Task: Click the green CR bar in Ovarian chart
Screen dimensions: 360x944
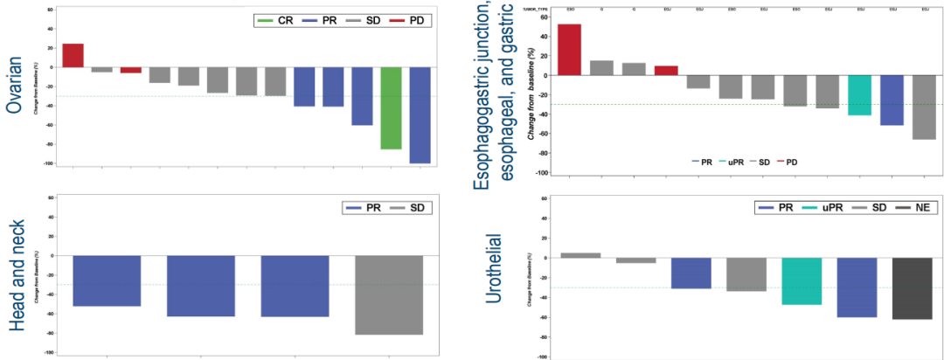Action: tap(391, 107)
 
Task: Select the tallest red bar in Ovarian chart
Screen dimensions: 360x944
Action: tap(73, 55)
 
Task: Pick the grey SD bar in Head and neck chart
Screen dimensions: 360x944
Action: tap(389, 294)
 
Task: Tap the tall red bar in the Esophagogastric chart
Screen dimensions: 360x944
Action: tap(569, 50)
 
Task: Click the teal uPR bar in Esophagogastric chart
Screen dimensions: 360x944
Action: tap(859, 95)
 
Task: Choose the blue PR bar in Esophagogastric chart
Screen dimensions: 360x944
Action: tap(892, 100)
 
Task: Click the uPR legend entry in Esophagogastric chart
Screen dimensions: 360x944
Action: tap(733, 162)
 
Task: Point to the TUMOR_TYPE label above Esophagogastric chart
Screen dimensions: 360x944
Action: tap(535, 9)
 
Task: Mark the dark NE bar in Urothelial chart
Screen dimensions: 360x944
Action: tap(912, 288)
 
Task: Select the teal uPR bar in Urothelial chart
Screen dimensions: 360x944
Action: tap(802, 280)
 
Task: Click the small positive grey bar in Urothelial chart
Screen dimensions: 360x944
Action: tap(580, 255)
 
